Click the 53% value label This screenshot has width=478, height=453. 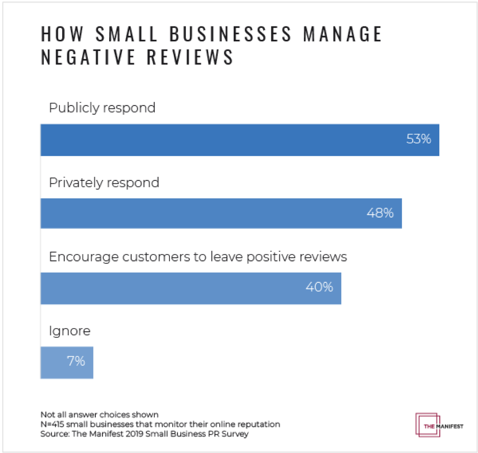[418, 139]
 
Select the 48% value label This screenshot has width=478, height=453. [380, 213]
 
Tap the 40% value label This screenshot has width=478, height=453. [319, 287]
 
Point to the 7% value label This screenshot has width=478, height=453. [76, 361]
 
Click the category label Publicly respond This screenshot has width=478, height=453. [102, 108]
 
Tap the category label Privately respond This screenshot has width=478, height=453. [104, 182]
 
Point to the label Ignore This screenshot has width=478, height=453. [69, 331]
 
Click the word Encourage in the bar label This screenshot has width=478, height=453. [84, 257]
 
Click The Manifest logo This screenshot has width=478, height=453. [439, 425]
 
